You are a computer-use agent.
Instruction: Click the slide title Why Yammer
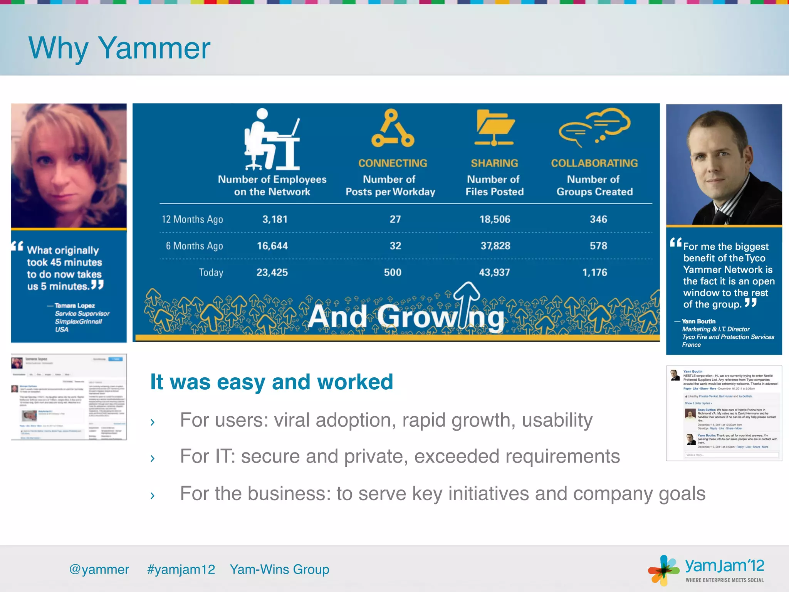tap(119, 48)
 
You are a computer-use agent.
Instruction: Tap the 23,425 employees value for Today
tap(272, 272)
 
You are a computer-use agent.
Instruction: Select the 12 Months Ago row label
tap(192, 219)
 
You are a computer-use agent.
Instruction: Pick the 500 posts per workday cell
tap(393, 272)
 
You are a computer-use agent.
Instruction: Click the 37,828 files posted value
tap(495, 246)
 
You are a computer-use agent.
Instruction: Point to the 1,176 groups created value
tap(594, 272)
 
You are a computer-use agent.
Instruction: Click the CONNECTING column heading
tap(393, 163)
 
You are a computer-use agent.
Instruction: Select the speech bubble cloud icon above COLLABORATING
tap(594, 127)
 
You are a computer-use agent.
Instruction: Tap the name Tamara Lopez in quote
tap(75, 305)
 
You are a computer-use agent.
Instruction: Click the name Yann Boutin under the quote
tap(698, 321)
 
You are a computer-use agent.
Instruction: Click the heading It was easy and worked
tap(272, 382)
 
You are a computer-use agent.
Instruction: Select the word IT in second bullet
tap(225, 456)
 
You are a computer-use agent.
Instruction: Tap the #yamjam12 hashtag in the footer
tap(181, 569)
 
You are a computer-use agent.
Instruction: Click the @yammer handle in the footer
tap(99, 569)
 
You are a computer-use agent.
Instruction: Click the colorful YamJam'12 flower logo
tap(663, 570)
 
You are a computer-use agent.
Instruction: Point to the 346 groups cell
tap(598, 219)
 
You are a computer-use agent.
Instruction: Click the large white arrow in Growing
tap(467, 304)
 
